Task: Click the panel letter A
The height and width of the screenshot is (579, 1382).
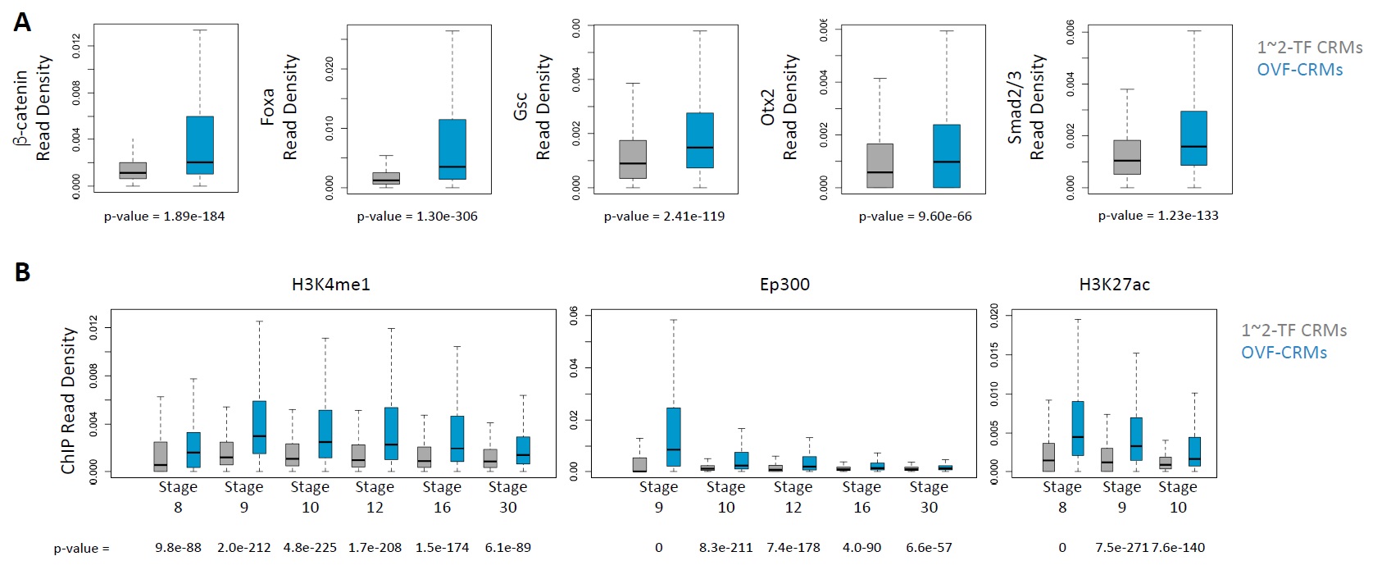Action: (x=22, y=22)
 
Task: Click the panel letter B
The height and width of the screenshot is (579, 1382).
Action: (x=22, y=271)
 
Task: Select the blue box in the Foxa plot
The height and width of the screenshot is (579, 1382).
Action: (x=452, y=149)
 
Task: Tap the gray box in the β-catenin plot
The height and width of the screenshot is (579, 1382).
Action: (x=133, y=171)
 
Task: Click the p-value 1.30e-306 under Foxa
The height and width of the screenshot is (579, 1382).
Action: (x=416, y=217)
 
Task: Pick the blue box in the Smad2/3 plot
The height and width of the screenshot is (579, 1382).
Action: (x=1193, y=138)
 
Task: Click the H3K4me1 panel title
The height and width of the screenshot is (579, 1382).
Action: (x=330, y=285)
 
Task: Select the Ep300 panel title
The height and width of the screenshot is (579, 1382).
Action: (x=784, y=285)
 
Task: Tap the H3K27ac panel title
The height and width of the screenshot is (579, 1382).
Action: (x=1114, y=285)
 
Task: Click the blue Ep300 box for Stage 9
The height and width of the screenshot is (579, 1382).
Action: (x=673, y=436)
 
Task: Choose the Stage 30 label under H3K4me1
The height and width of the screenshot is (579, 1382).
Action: (x=508, y=497)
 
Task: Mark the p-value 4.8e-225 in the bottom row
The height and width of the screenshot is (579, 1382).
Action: (x=310, y=548)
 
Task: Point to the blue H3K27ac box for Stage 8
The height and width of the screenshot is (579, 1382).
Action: (x=1078, y=428)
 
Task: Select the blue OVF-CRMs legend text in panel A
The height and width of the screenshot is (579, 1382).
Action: (x=1299, y=70)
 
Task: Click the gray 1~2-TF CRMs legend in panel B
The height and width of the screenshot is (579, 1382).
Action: (x=1293, y=331)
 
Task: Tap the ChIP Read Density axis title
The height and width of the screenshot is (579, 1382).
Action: (x=68, y=400)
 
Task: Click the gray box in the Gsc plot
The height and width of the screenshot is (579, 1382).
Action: (x=633, y=159)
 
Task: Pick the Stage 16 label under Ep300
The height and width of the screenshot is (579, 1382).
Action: (x=861, y=497)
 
